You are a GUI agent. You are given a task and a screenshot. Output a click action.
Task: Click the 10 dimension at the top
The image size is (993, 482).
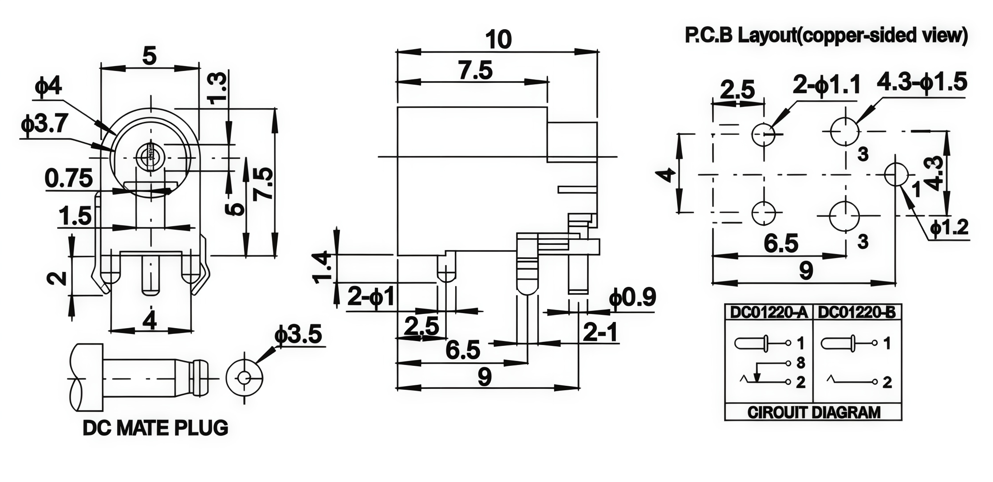499,39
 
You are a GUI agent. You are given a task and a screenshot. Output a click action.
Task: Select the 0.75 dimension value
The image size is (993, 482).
69,178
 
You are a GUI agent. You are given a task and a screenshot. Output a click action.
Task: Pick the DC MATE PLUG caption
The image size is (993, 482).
155,428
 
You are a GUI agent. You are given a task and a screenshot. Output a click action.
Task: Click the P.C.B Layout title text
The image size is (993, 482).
826,35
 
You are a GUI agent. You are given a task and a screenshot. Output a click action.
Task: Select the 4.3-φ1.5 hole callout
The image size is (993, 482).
922,82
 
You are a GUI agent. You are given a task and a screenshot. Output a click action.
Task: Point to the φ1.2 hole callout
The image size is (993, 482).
950,227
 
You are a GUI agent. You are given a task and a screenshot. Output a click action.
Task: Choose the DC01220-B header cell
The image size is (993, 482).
857,313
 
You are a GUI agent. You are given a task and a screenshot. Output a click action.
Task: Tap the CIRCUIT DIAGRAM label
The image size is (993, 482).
814,412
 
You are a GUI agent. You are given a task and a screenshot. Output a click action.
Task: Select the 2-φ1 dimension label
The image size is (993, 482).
371,296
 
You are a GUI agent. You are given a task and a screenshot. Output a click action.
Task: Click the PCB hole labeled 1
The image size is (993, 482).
896,175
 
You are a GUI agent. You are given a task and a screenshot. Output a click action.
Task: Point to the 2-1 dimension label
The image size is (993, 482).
600,332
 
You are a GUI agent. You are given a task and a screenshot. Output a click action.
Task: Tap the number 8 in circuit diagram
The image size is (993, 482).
800,363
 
